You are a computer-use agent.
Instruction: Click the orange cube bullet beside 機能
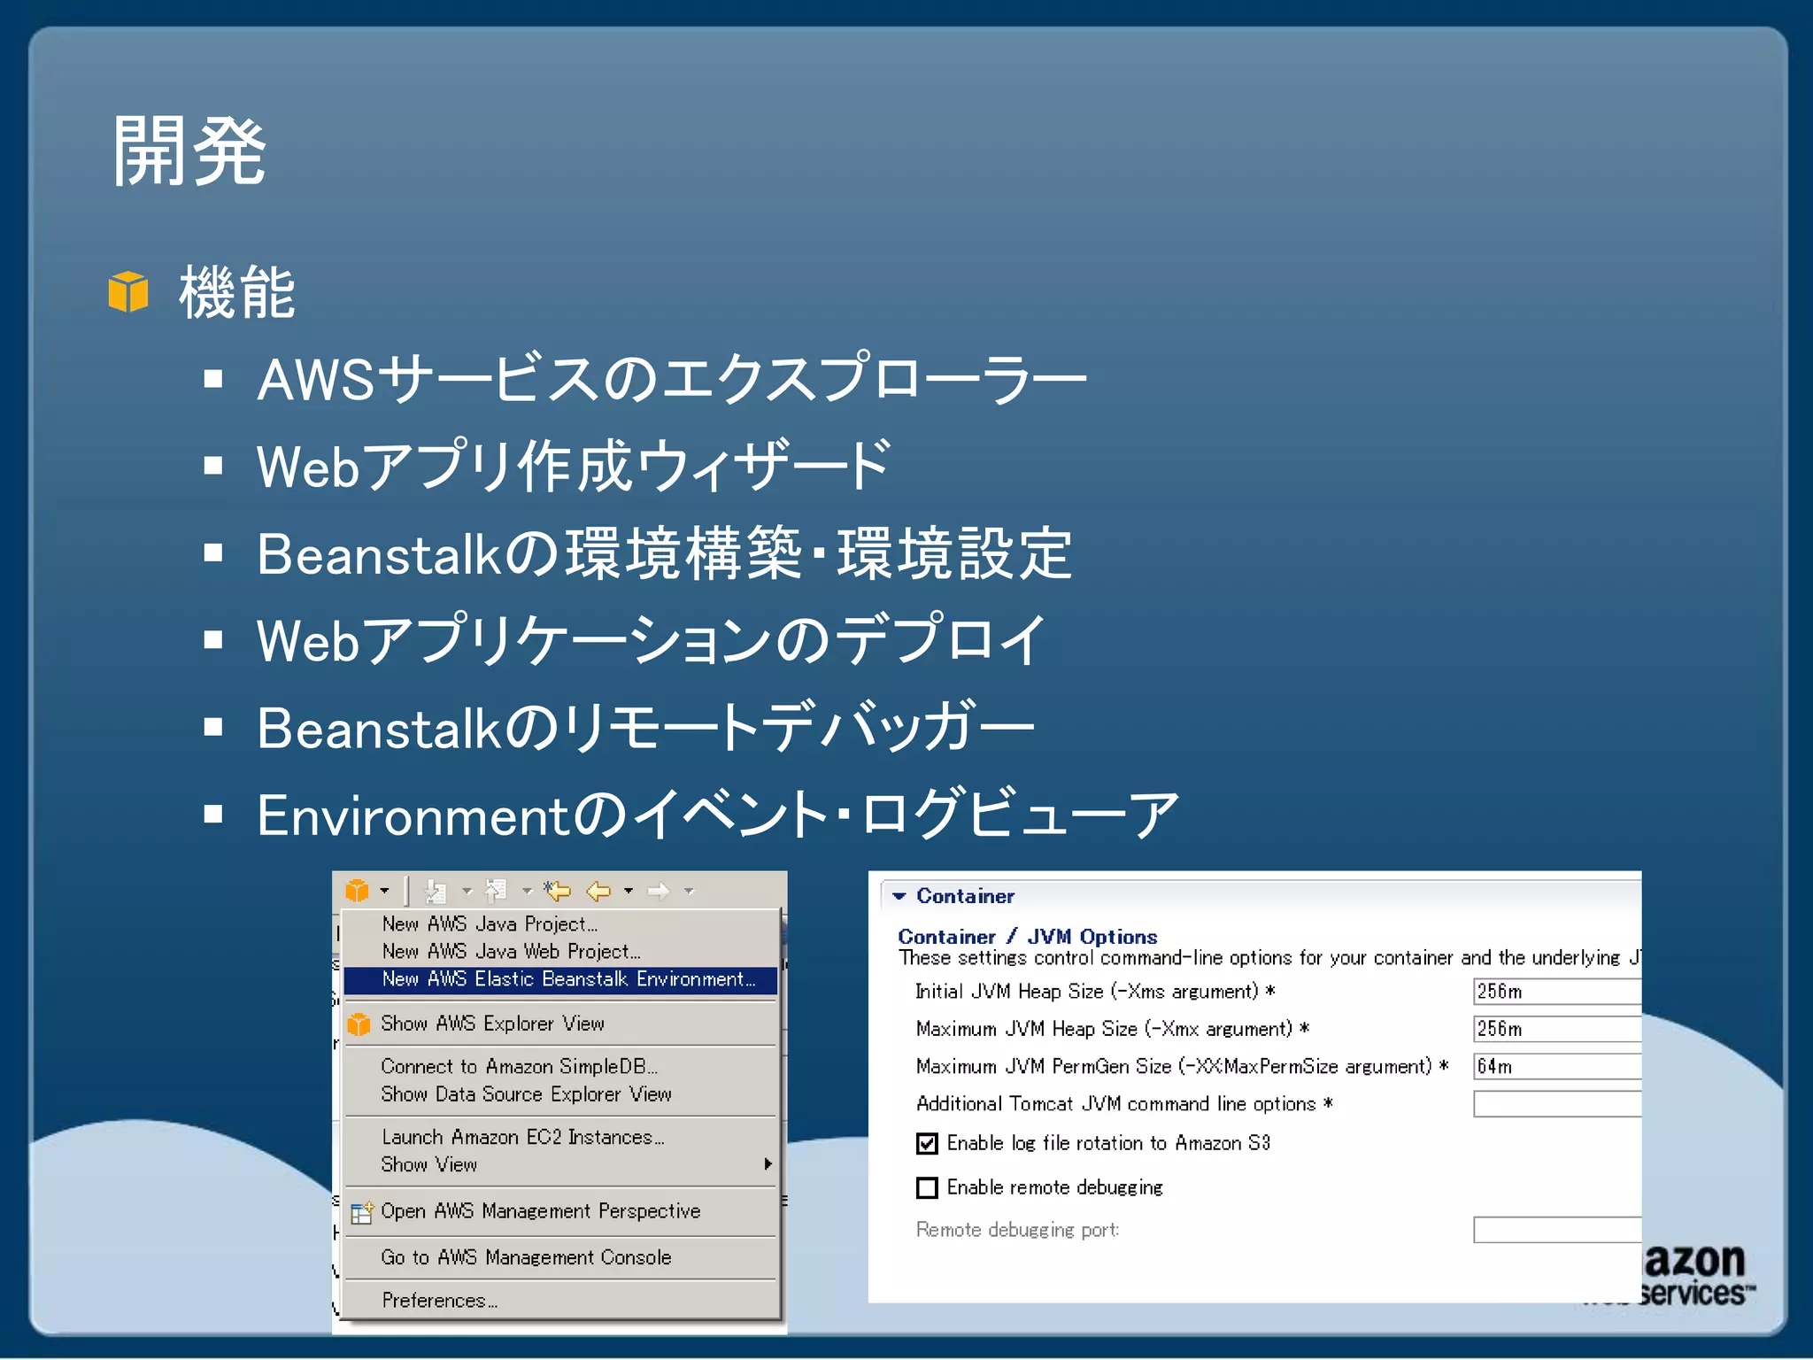128,291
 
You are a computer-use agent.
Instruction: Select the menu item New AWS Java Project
490,924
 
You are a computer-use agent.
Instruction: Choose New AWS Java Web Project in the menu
511,952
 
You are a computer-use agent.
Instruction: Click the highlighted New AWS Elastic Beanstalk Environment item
567,979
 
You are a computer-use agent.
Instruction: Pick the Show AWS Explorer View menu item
492,1024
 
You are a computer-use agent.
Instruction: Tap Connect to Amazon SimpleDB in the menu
519,1067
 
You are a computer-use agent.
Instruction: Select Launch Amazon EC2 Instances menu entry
522,1137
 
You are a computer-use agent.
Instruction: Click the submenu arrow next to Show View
768,1164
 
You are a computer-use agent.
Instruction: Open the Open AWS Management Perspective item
540,1211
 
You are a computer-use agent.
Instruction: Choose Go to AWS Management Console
526,1257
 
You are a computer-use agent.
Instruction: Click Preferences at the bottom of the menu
439,1301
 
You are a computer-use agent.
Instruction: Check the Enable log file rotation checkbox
927,1144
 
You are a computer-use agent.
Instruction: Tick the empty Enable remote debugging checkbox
927,1187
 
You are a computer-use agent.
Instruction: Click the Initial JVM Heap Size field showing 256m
1555,992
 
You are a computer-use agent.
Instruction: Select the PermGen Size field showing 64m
1555,1067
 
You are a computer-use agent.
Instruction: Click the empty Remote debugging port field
1555,1230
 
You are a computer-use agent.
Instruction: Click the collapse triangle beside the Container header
899,896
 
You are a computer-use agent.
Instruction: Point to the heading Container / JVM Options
1027,937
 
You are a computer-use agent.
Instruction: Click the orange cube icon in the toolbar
358,891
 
